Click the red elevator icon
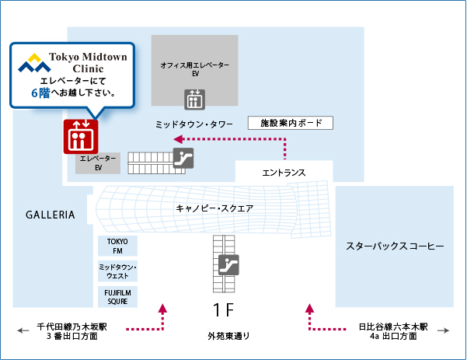point(81,137)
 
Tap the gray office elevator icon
point(194,100)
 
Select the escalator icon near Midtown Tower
point(183,158)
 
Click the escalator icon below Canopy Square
point(228,265)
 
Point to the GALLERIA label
point(50,215)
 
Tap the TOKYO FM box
point(117,246)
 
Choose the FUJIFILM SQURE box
point(117,297)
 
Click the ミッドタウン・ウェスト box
point(117,271)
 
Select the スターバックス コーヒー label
point(395,246)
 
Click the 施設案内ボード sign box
point(291,123)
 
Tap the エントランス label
point(284,173)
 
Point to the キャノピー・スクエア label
point(214,208)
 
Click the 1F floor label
point(223,310)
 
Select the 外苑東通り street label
point(228,336)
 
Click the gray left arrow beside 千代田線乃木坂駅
point(23,330)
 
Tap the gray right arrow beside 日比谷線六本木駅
point(443,330)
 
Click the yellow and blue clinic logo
point(34,62)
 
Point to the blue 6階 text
point(40,93)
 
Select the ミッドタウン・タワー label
point(194,124)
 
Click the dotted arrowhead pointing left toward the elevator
point(178,139)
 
